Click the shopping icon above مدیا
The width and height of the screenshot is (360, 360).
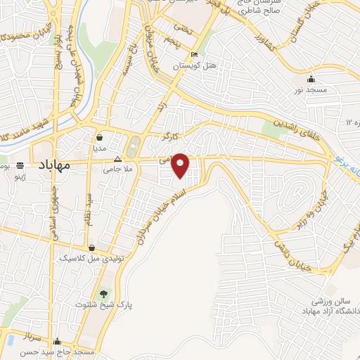tap(101, 138)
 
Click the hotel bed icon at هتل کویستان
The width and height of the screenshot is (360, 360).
tap(194, 56)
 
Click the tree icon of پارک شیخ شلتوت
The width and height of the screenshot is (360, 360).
tap(104, 293)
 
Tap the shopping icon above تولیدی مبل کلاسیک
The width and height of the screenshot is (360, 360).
tap(91, 248)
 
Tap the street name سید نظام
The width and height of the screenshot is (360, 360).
tap(90, 208)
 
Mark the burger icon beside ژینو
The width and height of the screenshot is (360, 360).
tap(20, 166)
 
